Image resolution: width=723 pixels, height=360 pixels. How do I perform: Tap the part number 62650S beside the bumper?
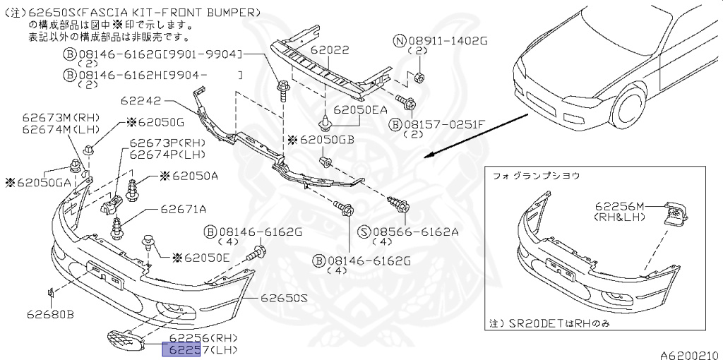pos(280,299)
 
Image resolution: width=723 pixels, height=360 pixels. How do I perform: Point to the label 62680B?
pos(51,314)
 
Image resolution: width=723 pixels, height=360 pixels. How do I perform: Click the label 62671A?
pos(183,209)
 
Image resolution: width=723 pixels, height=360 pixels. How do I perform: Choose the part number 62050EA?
pos(361,109)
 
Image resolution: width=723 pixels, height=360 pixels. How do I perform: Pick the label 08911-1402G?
pos(448,41)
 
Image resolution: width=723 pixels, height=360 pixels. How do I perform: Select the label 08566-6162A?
pos(416,231)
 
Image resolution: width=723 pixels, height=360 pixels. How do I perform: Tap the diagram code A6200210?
pos(689,354)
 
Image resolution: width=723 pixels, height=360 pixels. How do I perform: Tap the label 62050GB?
pos(325,140)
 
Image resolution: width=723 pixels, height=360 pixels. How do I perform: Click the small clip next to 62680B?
pos(52,292)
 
